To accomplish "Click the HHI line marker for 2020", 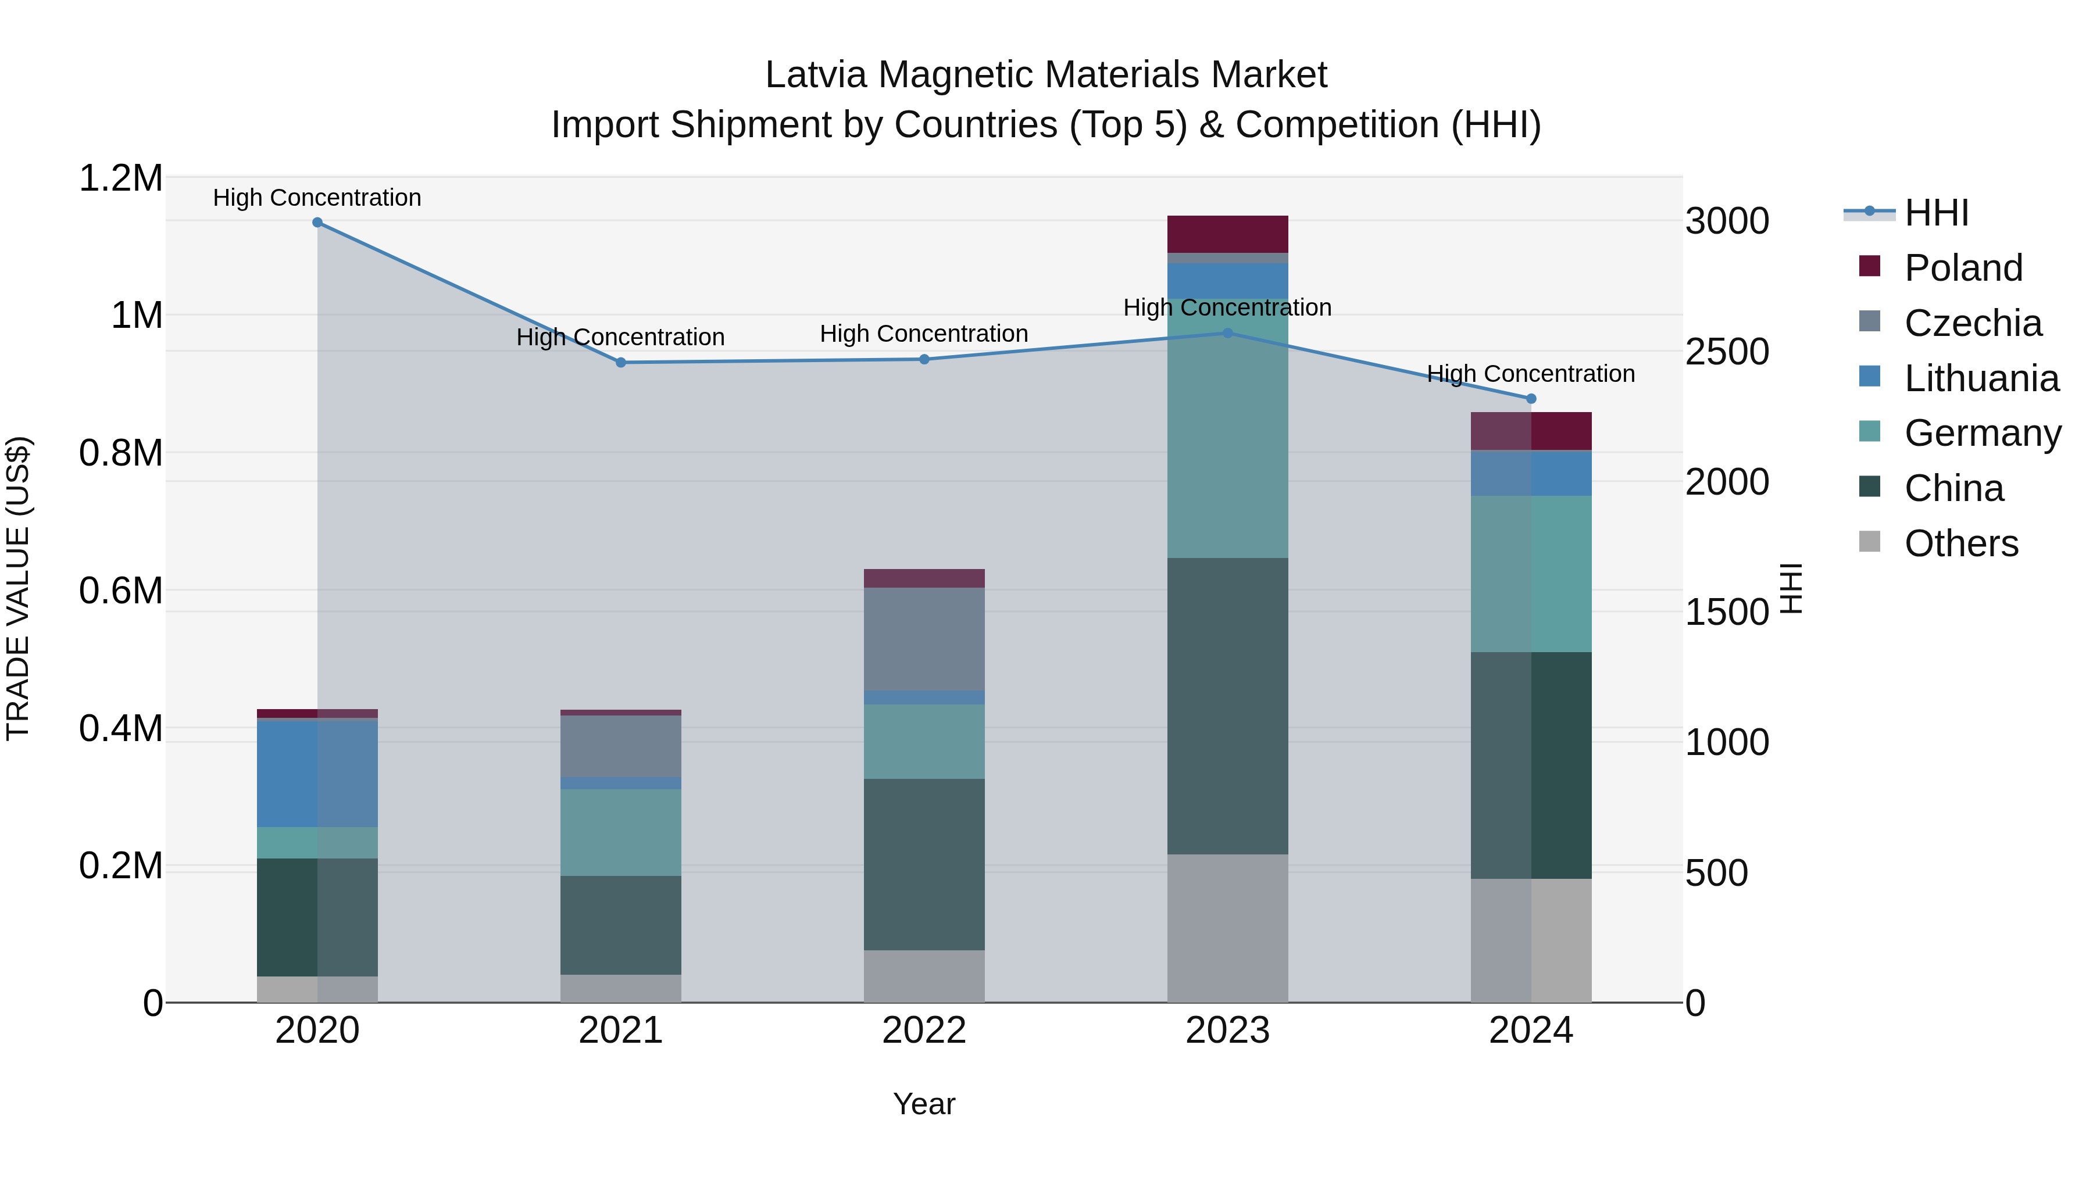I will click(317, 223).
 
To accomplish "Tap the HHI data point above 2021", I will click(621, 362).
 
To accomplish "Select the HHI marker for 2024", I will click(1531, 399).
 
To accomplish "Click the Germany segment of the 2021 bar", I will click(621, 832).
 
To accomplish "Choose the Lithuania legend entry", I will click(1981, 378).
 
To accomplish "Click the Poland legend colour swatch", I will click(1870, 266).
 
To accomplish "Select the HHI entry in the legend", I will click(1936, 213).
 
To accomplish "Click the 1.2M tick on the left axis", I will click(120, 178).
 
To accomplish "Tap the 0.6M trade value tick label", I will click(120, 591).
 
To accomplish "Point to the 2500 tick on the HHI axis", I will click(1727, 352).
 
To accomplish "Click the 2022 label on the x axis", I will click(924, 1031).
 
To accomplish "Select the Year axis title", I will click(924, 1104).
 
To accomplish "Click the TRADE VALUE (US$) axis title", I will click(19, 589).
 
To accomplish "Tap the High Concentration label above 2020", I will click(317, 198).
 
